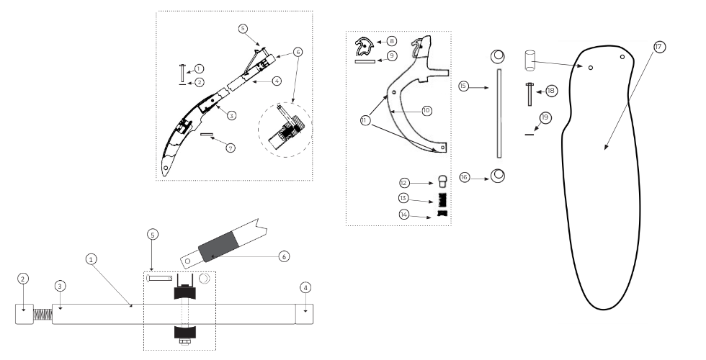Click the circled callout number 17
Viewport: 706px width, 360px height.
tap(658, 47)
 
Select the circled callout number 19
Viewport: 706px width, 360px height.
tap(545, 118)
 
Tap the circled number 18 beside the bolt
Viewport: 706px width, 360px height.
tap(551, 91)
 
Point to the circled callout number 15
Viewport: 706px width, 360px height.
tap(464, 86)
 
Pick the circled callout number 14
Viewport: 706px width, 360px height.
tap(404, 215)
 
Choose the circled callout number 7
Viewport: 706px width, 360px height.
tap(230, 148)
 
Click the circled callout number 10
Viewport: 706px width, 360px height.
tap(426, 110)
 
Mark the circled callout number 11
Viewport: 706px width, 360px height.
tap(365, 120)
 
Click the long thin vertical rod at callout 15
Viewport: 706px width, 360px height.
tap(499, 114)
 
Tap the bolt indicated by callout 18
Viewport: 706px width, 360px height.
tap(530, 94)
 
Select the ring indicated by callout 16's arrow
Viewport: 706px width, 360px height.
tap(498, 176)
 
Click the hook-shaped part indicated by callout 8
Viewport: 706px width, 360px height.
tap(365, 47)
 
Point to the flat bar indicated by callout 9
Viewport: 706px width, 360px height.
tap(365, 61)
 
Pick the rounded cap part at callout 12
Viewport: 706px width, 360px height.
tap(443, 181)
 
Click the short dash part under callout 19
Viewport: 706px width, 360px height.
tap(529, 134)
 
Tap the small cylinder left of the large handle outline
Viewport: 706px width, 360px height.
tap(529, 60)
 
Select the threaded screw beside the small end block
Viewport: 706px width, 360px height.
tap(42, 314)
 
